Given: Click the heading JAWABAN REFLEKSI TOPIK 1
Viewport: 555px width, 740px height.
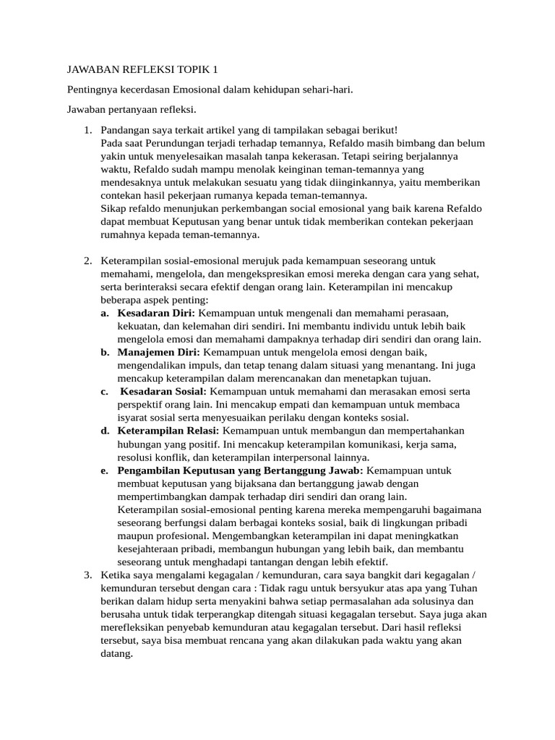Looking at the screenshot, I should (x=142, y=70).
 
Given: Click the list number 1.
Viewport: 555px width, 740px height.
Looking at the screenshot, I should (x=87, y=130).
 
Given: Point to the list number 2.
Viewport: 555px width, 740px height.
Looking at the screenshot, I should (x=87, y=261).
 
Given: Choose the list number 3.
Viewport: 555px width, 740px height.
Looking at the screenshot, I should (x=87, y=575).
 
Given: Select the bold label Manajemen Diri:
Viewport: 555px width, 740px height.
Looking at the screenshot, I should (x=159, y=352).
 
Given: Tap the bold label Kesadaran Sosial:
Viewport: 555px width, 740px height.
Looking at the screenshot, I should (x=163, y=391).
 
